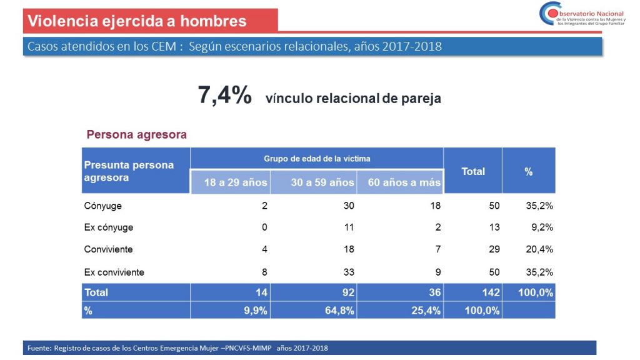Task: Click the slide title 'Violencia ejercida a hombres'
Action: coord(137,21)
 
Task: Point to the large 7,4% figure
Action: coord(224,96)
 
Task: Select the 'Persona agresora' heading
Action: coord(136,134)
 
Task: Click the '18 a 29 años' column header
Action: coord(236,182)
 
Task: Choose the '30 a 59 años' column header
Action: coord(322,182)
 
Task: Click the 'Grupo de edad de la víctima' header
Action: coord(317,159)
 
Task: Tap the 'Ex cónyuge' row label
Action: coord(108,227)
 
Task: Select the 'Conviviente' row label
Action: coord(108,249)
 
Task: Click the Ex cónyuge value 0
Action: coord(264,227)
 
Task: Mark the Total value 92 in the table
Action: coord(348,292)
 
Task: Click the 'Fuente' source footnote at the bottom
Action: coord(177,348)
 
